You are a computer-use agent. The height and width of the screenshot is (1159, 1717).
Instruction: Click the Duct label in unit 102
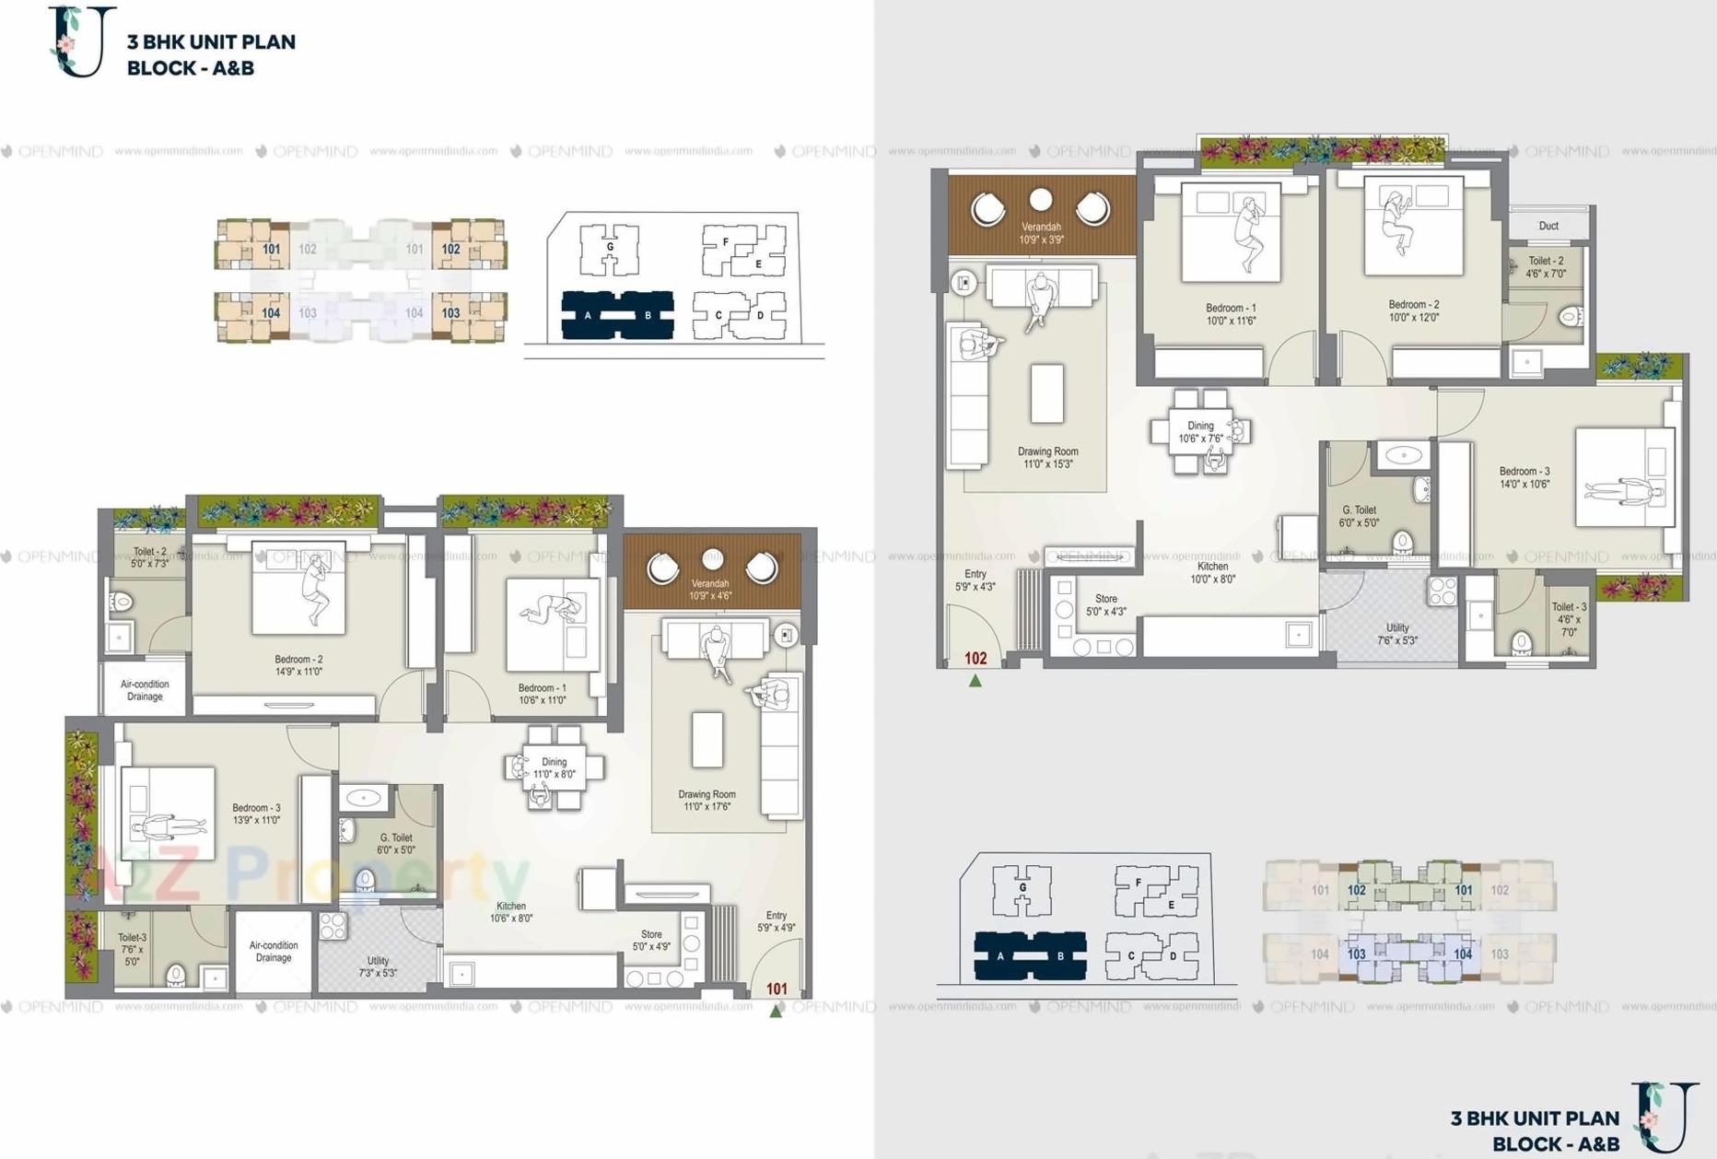pyautogui.click(x=1548, y=226)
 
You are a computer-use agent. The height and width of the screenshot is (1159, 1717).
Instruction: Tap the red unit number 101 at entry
pyautogui.click(x=777, y=989)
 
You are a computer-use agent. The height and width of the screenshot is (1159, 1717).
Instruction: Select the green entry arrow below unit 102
pyautogui.click(x=975, y=681)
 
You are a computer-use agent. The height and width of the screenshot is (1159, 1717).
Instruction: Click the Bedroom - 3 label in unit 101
pyautogui.click(x=256, y=814)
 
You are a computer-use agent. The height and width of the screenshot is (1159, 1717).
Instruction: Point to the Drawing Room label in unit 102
pyautogui.click(x=1047, y=458)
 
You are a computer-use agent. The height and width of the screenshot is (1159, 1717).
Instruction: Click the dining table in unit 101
pyautogui.click(x=555, y=767)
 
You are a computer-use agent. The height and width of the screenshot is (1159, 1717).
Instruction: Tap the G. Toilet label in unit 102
pyautogui.click(x=1359, y=516)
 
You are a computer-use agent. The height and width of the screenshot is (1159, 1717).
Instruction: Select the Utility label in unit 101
pyautogui.click(x=378, y=966)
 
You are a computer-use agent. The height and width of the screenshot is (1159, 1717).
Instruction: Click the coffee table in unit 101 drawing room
pyautogui.click(x=707, y=739)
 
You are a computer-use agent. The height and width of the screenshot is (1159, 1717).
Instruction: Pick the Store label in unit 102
pyautogui.click(x=1105, y=604)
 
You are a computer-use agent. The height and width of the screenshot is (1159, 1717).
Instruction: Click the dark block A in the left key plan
pyautogui.click(x=588, y=315)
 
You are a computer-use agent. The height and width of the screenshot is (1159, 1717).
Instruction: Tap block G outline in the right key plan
pyautogui.click(x=1022, y=889)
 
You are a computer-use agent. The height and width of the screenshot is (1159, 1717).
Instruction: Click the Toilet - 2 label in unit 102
pyautogui.click(x=1546, y=267)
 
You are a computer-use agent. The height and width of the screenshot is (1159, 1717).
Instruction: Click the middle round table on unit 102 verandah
pyautogui.click(x=1041, y=200)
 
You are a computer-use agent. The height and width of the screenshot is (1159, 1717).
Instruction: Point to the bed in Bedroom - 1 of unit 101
pyautogui.click(x=552, y=624)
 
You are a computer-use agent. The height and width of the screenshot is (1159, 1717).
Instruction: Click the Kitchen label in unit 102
pyautogui.click(x=1212, y=573)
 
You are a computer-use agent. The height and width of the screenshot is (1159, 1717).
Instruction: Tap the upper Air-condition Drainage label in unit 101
pyautogui.click(x=145, y=690)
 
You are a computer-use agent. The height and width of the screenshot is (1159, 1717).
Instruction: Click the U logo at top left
pyautogui.click(x=81, y=41)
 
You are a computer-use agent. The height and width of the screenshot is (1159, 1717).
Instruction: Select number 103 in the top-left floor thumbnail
pyautogui.click(x=450, y=313)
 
